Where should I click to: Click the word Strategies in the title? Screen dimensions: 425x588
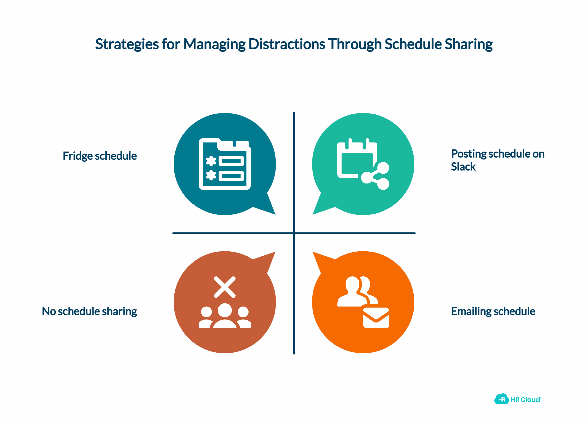pyautogui.click(x=127, y=44)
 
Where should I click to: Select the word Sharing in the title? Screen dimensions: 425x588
pyautogui.click(x=468, y=44)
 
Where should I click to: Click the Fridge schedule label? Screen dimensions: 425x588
pyautogui.click(x=100, y=156)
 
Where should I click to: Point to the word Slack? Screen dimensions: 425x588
pyautogui.click(x=463, y=167)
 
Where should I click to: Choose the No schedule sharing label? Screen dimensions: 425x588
pyautogui.click(x=89, y=311)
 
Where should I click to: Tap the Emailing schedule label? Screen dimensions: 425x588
pyautogui.click(x=493, y=311)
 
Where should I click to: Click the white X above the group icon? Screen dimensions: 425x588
pyautogui.click(x=225, y=287)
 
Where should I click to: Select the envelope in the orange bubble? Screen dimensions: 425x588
pyautogui.click(x=376, y=318)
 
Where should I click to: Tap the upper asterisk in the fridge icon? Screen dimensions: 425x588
pyautogui.click(x=211, y=161)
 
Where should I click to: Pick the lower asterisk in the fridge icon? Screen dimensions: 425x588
pyautogui.click(x=211, y=175)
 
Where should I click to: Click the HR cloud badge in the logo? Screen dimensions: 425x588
pyautogui.click(x=501, y=399)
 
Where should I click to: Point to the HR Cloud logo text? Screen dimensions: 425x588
pyautogui.click(x=526, y=400)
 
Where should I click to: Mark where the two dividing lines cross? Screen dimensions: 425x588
pyautogui.click(x=294, y=233)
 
